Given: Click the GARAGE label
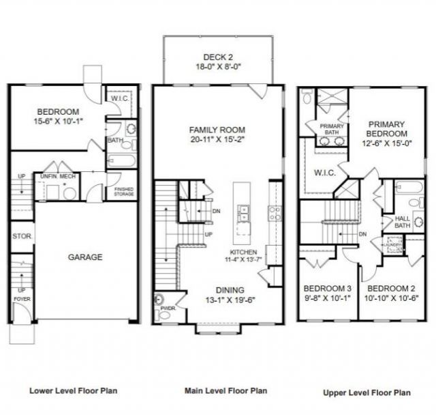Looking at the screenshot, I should [85, 257].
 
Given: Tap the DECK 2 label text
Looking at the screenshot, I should [218, 57].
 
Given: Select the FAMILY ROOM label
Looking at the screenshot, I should [217, 130].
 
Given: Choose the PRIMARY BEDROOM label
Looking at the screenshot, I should [388, 129].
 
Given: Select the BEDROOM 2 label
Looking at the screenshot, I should [387, 287].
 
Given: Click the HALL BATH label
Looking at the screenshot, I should [403, 223].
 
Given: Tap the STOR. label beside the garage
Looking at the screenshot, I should [19, 237].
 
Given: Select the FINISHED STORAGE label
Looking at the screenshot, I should [123, 192].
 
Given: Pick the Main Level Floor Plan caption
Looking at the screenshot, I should [226, 390].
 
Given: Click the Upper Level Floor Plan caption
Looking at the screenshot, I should [367, 392].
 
